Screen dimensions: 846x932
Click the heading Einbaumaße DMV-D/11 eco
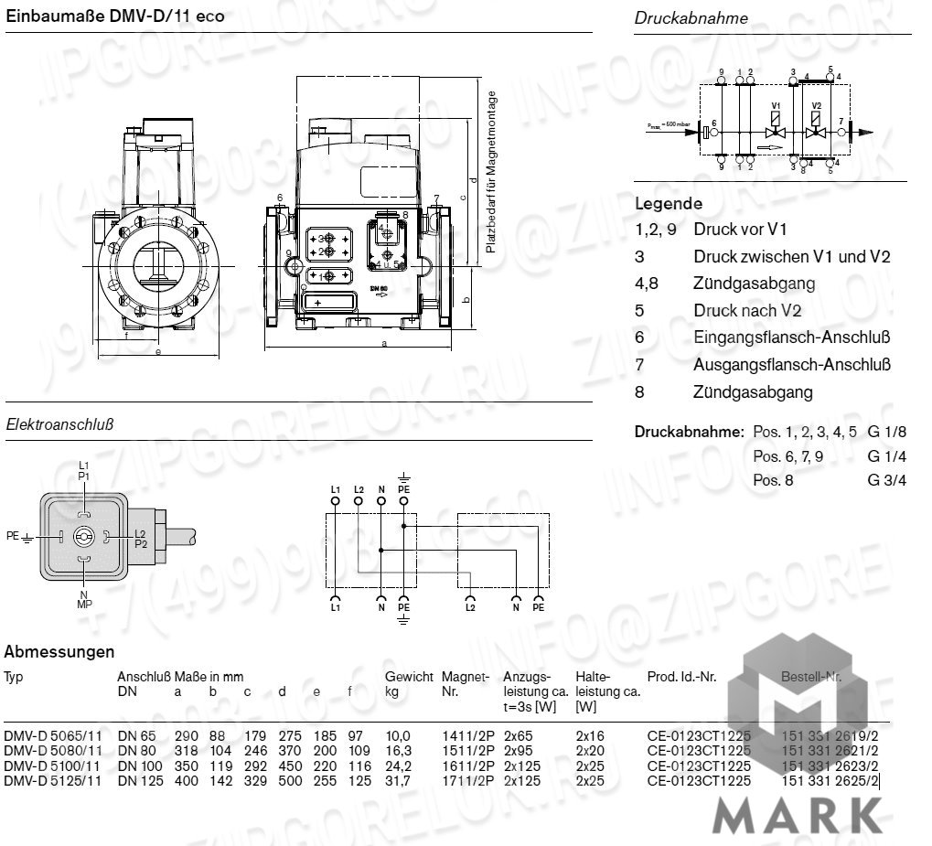coord(114,16)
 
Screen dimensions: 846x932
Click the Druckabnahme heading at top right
coord(691,17)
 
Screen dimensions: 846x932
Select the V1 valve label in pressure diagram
coord(776,106)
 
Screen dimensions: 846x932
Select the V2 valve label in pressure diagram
coord(817,106)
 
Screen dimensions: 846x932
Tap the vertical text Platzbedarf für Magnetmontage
coord(491,172)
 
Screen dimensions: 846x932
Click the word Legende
coord(669,204)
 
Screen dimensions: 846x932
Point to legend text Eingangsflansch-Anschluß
coord(792,337)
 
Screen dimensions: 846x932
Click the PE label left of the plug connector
coord(13,534)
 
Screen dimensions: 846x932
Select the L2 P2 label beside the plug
coord(140,539)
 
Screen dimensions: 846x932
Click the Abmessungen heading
coord(59,652)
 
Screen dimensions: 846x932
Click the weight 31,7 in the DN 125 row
coord(398,780)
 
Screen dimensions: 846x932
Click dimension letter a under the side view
coord(384,344)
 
